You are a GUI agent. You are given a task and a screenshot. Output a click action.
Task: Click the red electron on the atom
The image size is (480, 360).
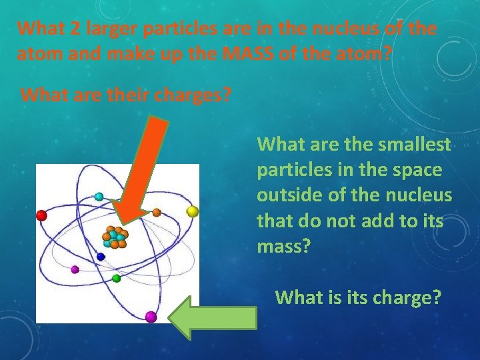point(41,215)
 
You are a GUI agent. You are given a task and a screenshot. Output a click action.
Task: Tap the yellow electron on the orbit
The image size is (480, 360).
point(192,211)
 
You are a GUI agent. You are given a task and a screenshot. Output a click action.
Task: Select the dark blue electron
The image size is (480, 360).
point(101,256)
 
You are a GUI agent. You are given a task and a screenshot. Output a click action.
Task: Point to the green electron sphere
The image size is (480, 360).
point(116,277)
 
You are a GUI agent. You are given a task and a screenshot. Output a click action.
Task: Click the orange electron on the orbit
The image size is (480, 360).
point(156,213)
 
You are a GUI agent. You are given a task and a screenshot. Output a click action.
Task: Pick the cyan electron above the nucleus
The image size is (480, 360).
point(99,197)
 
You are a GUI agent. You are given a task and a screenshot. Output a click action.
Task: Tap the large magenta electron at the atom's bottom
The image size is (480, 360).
point(151,316)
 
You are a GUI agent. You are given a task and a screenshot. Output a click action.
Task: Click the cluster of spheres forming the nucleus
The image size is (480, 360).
point(115,237)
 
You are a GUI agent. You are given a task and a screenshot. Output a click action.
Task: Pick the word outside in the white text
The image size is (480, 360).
point(290,195)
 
